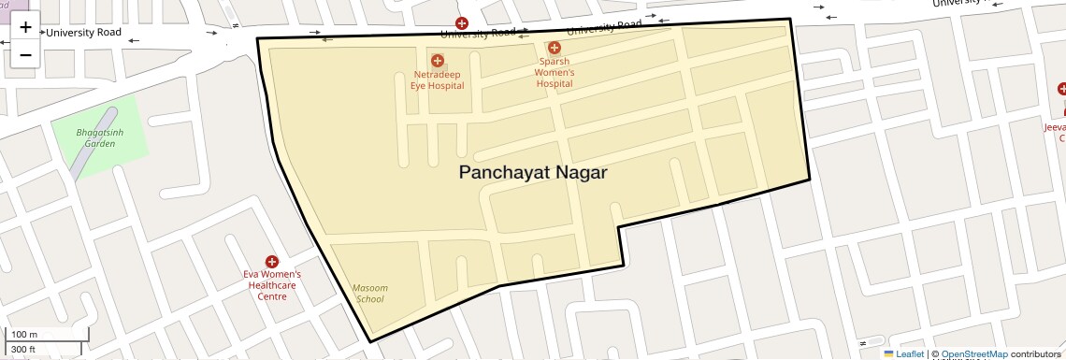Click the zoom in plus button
tap(25, 27)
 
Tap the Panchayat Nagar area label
tap(533, 173)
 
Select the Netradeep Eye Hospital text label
tap(437, 79)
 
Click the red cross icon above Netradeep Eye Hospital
tap(437, 61)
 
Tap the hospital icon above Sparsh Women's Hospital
tap(555, 48)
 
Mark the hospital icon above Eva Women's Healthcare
tap(272, 262)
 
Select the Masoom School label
tap(369, 293)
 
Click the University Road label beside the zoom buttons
tap(83, 33)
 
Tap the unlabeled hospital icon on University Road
tap(461, 22)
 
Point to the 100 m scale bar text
tap(24, 334)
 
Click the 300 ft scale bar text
tap(23, 350)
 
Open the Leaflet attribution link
tap(910, 354)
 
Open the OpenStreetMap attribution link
tap(973, 354)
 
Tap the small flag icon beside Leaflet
tap(888, 354)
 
